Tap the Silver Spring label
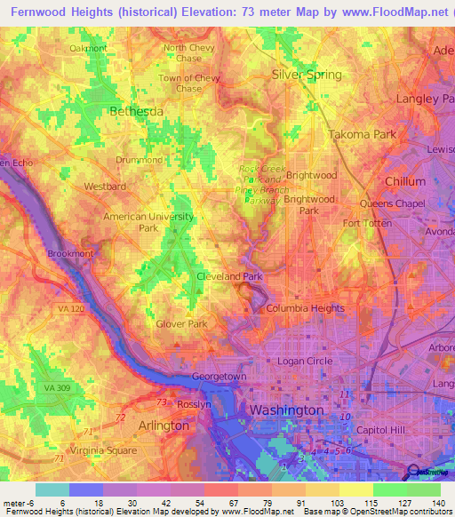point(307,75)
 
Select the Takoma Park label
point(362,134)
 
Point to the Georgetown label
point(219,377)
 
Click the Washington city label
point(286,410)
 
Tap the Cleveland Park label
point(229,276)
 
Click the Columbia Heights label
point(306,308)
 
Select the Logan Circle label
point(305,361)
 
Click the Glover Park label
point(181,324)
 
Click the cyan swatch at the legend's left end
point(52,489)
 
